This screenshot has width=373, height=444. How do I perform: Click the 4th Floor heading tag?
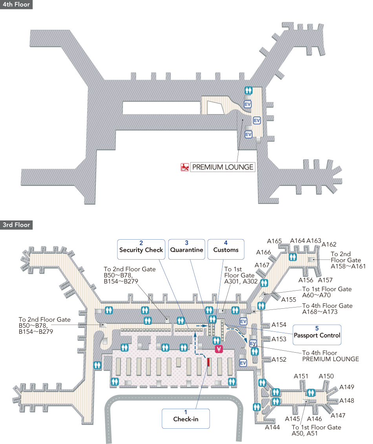[16, 5]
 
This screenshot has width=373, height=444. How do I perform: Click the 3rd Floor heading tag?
[16, 225]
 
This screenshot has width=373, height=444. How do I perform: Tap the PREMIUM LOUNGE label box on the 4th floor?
[223, 167]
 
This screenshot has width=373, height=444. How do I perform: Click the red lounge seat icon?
[185, 167]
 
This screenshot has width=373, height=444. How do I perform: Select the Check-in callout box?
[186, 419]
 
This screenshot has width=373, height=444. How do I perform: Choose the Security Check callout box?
[141, 249]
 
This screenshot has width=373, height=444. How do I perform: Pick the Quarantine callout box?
[186, 249]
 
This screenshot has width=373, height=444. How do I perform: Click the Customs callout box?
[226, 249]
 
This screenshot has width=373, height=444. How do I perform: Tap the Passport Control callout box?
[317, 335]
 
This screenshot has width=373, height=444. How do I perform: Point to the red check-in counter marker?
[208, 362]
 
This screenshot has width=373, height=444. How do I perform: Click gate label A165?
[275, 241]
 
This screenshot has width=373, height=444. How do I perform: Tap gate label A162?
[329, 244]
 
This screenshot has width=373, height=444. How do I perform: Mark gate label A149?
[347, 387]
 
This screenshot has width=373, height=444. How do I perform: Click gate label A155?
[289, 300]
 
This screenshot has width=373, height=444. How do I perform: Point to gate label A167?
[262, 265]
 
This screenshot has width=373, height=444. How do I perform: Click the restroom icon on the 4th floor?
[248, 90]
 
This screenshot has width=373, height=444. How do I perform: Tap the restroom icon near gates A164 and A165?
[293, 257]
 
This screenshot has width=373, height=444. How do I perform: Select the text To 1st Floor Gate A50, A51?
[316, 430]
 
